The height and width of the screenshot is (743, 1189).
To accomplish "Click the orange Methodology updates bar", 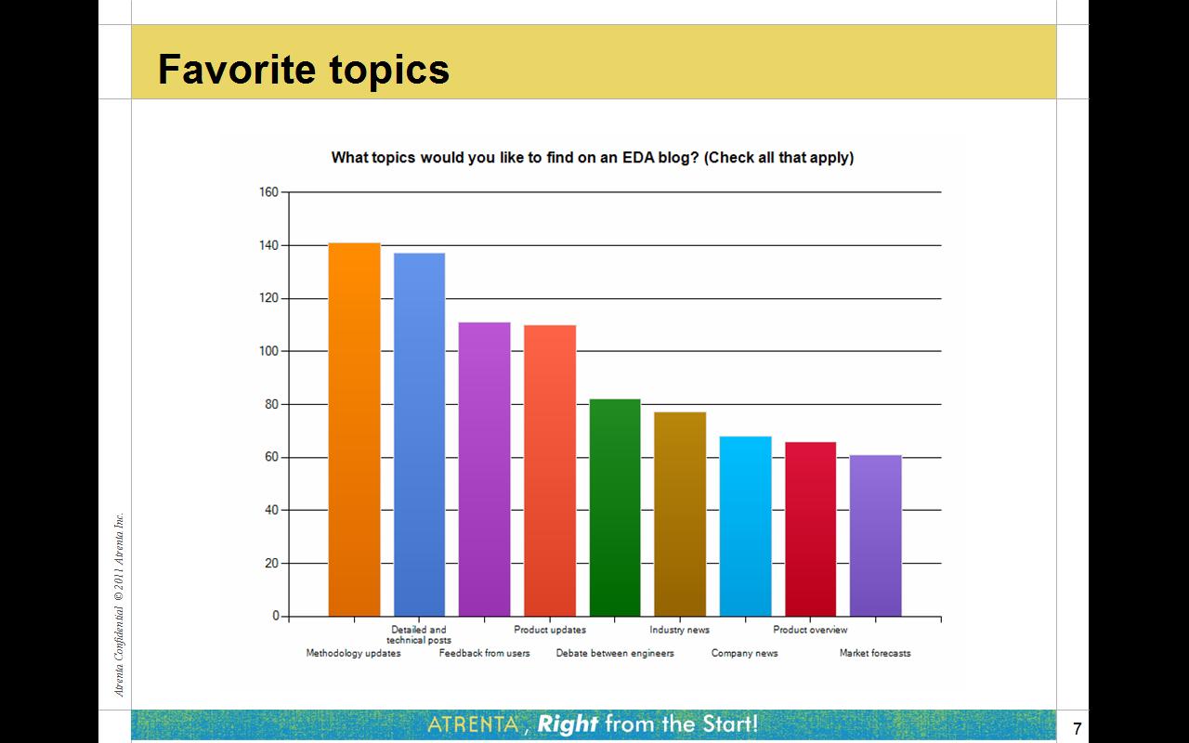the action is click(354, 429).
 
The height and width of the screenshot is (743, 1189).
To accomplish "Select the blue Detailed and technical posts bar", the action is click(419, 435).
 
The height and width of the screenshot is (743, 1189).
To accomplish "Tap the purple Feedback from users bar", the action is click(484, 469).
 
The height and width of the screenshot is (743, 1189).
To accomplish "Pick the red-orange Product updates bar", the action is click(550, 471).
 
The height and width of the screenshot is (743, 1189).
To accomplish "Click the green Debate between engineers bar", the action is click(615, 507).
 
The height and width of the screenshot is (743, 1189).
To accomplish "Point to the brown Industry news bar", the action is click(680, 514).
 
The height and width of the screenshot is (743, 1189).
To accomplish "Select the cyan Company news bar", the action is click(745, 526).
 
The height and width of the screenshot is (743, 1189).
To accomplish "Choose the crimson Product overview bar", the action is click(811, 529).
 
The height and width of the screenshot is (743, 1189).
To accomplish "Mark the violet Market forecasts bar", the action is click(876, 536).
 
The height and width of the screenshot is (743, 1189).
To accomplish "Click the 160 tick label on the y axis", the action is click(268, 192).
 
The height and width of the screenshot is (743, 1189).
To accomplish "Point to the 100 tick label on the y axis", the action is click(268, 351).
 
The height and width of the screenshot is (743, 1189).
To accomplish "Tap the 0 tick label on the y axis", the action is click(276, 616).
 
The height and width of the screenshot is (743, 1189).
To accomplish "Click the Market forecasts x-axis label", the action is click(875, 653).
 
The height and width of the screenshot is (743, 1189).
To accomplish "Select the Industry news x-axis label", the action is click(679, 630).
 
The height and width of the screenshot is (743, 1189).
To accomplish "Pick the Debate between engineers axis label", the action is click(615, 653).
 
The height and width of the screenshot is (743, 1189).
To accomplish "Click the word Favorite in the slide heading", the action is click(236, 69).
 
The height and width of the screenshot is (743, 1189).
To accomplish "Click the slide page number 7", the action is click(1077, 728).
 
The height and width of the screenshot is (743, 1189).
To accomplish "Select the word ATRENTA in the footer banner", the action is click(473, 723).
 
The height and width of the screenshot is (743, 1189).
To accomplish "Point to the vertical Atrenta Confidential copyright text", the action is click(119, 605).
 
